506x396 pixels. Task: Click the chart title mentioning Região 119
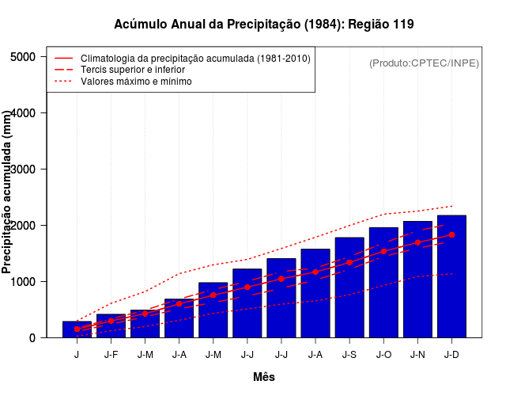(263, 25)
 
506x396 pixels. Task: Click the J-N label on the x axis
(417, 355)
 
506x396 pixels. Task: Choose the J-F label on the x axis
(111, 355)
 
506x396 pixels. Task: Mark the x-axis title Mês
(264, 377)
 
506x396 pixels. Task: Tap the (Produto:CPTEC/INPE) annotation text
(424, 63)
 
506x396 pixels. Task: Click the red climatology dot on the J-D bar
(451, 234)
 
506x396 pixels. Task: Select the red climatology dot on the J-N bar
(417, 242)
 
